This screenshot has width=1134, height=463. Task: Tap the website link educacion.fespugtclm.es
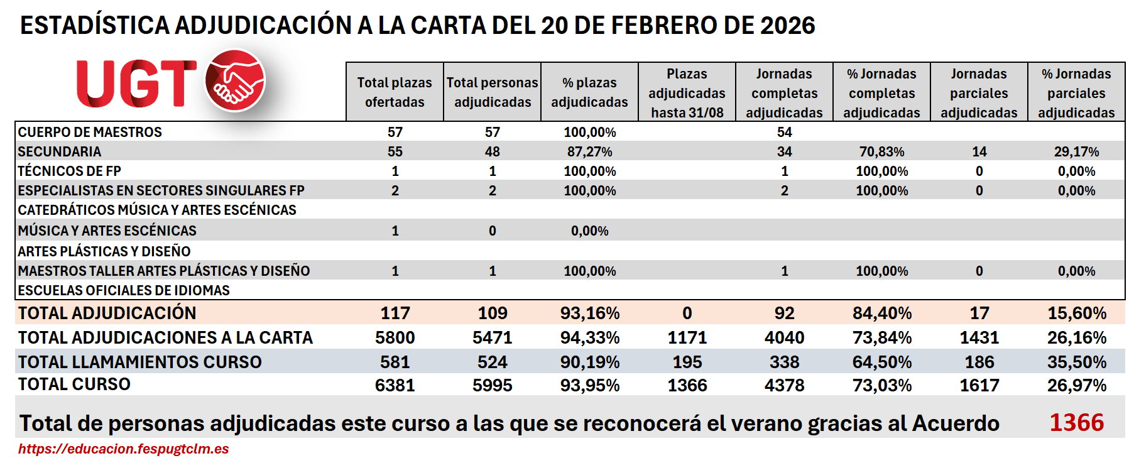tap(123, 449)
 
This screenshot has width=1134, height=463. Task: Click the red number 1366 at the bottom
tap(1076, 423)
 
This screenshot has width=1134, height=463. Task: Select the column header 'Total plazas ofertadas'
tap(395, 92)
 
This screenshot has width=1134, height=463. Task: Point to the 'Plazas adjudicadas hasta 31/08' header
tap(687, 93)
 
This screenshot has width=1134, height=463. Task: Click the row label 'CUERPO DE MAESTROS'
tap(90, 132)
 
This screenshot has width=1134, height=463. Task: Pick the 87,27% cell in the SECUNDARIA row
tap(589, 151)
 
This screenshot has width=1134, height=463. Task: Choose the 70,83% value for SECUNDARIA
tap(881, 151)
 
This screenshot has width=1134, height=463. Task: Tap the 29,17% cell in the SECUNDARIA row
tap(1076, 151)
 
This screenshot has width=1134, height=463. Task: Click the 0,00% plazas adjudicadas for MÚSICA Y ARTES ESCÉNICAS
tap(589, 231)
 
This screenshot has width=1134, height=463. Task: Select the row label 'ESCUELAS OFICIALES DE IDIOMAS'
tap(124, 290)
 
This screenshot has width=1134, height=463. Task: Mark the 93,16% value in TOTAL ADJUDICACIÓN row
tap(589, 313)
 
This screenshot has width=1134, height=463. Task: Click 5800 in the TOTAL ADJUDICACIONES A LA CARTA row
tap(395, 337)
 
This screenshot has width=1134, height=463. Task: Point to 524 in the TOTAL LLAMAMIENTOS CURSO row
tap(492, 362)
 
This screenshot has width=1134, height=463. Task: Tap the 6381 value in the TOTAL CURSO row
tap(395, 385)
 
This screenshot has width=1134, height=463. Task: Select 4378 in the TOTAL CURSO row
tap(784, 385)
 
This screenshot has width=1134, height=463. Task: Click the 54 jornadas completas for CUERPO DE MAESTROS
tap(784, 132)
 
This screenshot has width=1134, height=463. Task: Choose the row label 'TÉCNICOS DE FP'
tap(69, 171)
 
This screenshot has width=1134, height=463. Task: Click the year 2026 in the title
tap(787, 26)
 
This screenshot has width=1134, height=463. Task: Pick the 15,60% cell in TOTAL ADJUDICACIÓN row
tap(1076, 313)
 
